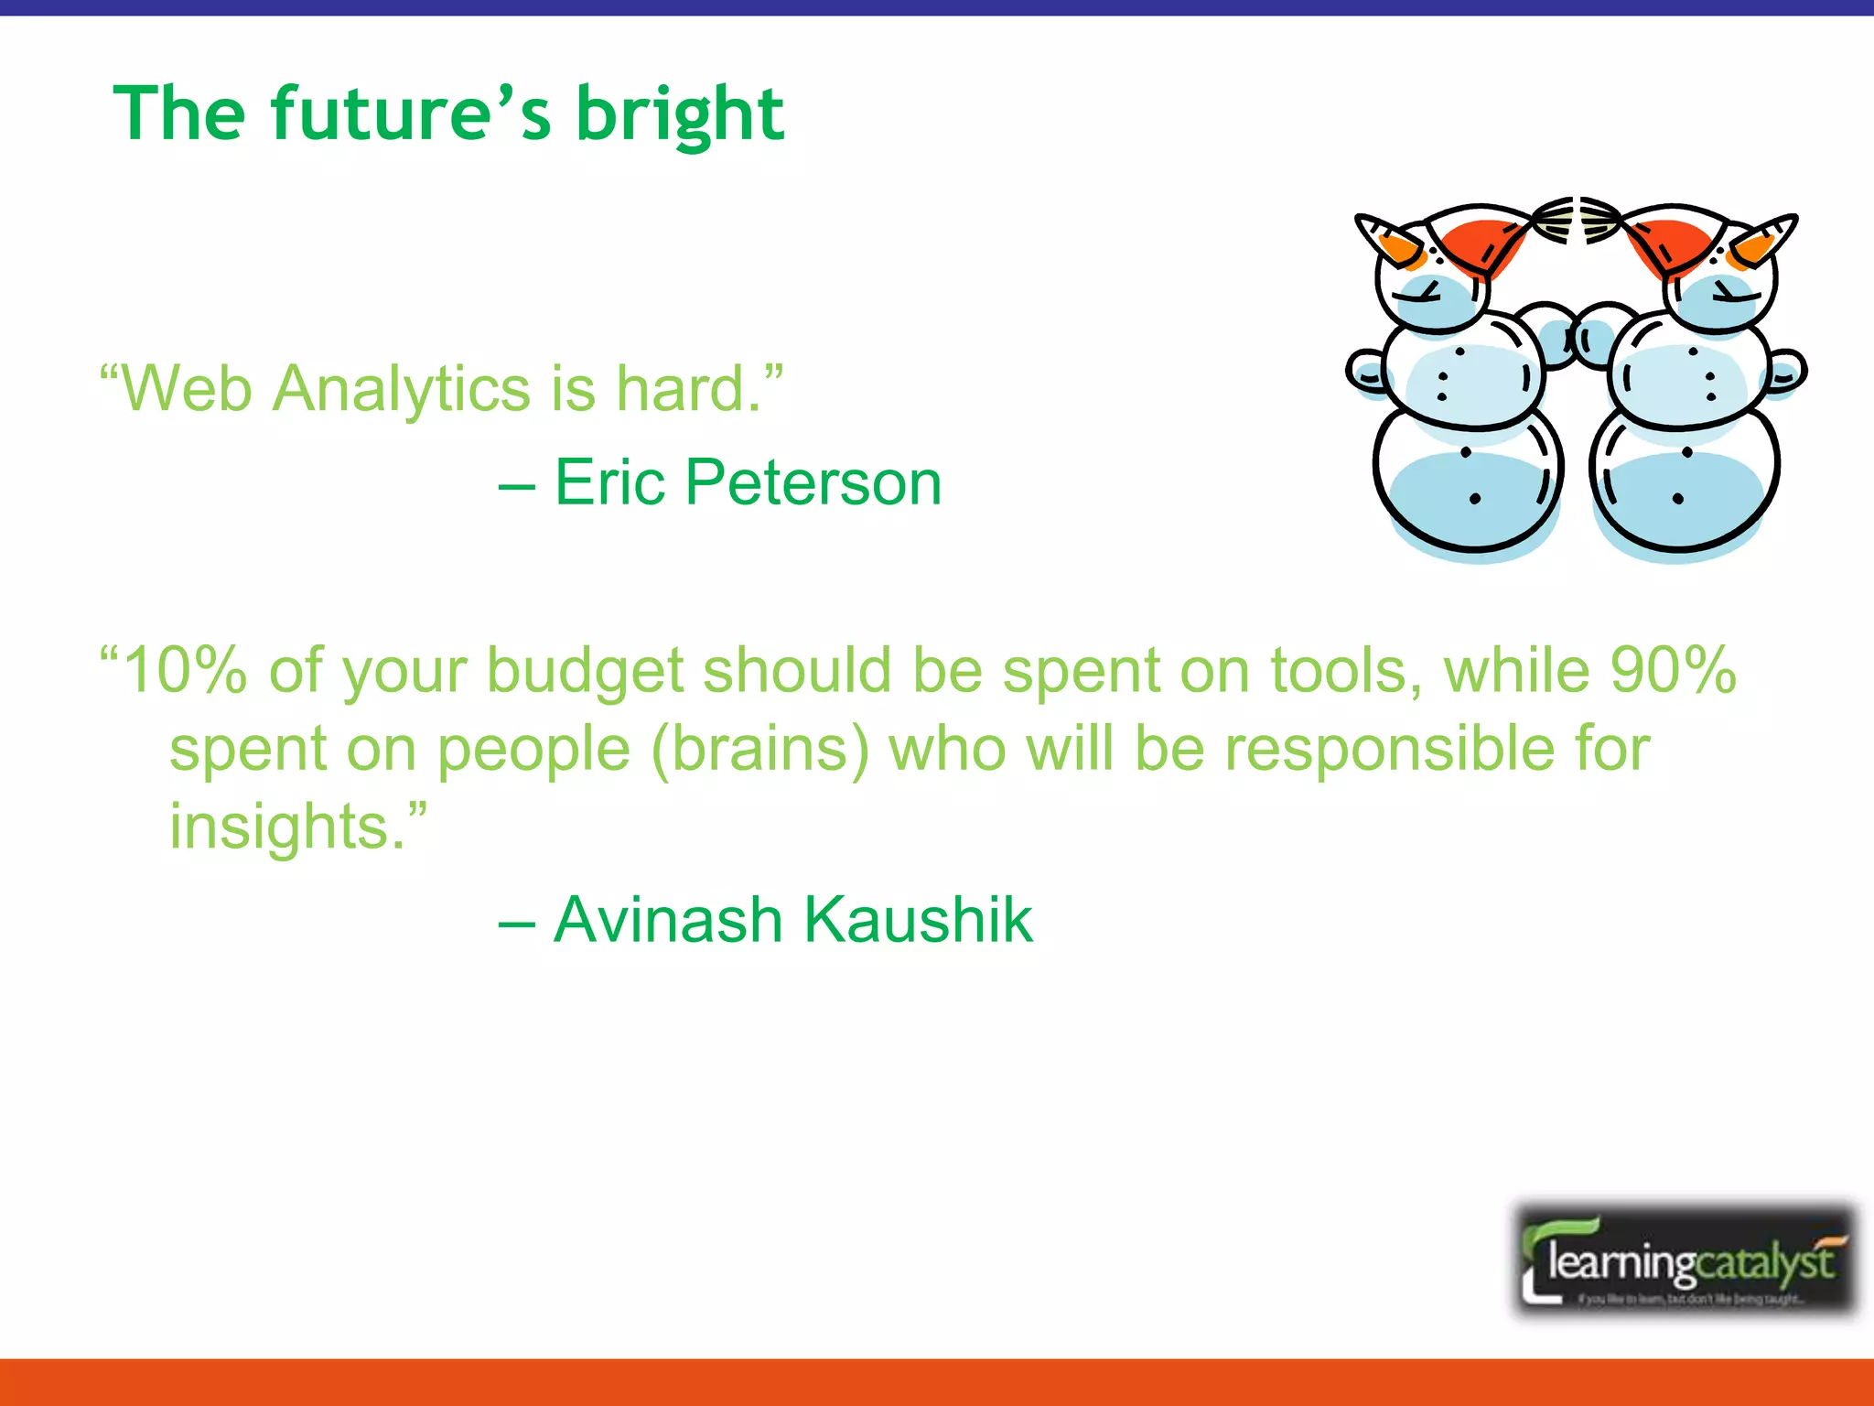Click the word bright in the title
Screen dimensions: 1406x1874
coord(679,114)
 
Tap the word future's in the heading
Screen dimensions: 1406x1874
coord(411,114)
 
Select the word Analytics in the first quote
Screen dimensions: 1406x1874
coord(403,389)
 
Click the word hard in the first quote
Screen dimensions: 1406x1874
coord(681,389)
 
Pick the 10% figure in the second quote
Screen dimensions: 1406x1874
coord(183,670)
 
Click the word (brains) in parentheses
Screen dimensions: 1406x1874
coord(759,750)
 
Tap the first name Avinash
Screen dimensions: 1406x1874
coord(668,920)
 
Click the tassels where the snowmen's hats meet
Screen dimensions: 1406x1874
coord(1576,220)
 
